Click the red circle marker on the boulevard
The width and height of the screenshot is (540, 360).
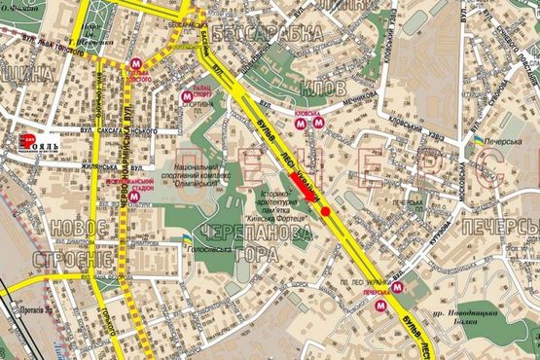325,211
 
